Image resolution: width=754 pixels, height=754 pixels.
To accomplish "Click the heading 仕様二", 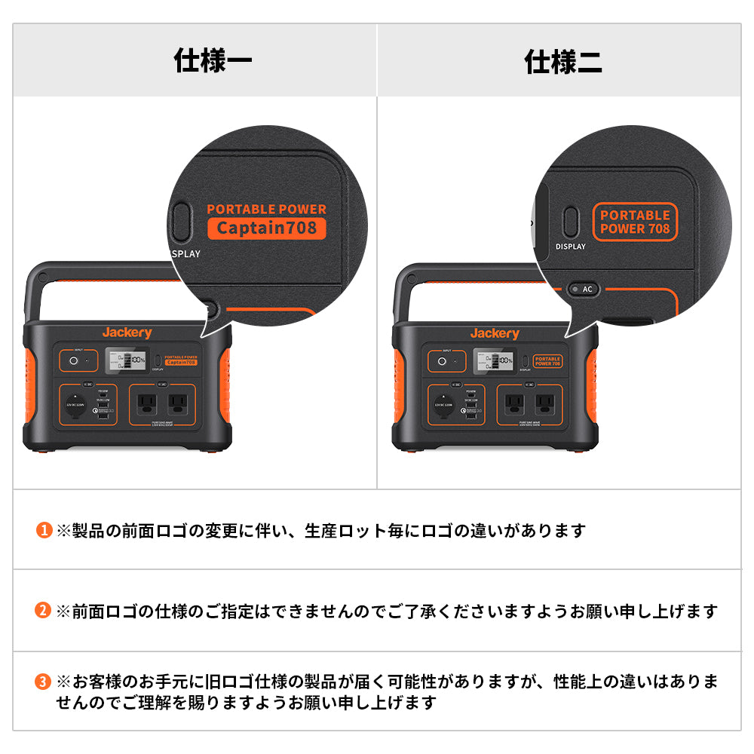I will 563,61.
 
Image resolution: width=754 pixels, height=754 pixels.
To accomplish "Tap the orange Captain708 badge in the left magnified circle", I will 267,228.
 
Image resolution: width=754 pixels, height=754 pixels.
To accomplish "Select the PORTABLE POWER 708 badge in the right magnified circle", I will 635,222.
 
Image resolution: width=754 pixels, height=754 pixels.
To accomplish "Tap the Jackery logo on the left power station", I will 127,333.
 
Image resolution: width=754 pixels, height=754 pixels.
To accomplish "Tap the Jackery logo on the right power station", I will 495,333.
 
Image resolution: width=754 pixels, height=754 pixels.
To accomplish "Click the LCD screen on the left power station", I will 126,360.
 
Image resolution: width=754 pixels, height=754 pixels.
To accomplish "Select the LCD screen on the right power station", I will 494,360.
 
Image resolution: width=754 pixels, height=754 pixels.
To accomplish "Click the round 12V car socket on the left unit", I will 75,405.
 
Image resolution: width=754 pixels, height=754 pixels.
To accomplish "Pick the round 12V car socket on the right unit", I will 444,405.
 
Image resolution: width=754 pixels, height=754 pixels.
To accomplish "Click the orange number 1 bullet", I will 44,531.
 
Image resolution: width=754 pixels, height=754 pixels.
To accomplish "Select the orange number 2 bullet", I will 44,611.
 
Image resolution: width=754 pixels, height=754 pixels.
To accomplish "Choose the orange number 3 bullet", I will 44,682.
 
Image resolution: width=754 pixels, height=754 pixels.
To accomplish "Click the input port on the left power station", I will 74,361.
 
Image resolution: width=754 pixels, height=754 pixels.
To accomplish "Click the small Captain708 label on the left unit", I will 180,362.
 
